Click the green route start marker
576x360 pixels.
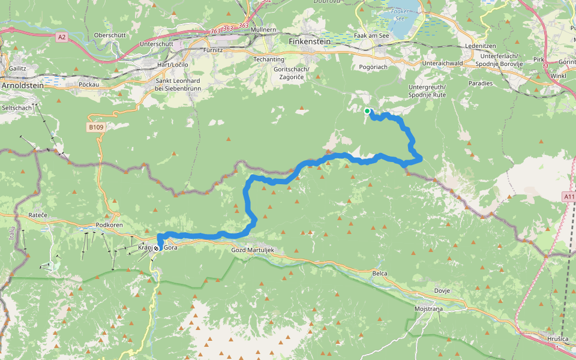pos(367,111)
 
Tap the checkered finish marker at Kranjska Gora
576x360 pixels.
pos(157,248)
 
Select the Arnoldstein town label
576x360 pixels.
pos(23,86)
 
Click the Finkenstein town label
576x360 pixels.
pos(310,42)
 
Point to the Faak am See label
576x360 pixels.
pos(373,36)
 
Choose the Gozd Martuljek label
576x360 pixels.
pos(253,249)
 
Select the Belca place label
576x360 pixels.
pos(379,274)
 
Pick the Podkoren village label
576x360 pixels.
pos(109,225)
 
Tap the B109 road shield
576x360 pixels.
pos(96,127)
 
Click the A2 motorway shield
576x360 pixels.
pos(62,37)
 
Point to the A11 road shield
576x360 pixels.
pos(569,196)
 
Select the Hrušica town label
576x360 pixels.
pos(557,339)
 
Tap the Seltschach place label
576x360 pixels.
pos(17,107)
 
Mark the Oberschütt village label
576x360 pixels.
pos(110,35)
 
